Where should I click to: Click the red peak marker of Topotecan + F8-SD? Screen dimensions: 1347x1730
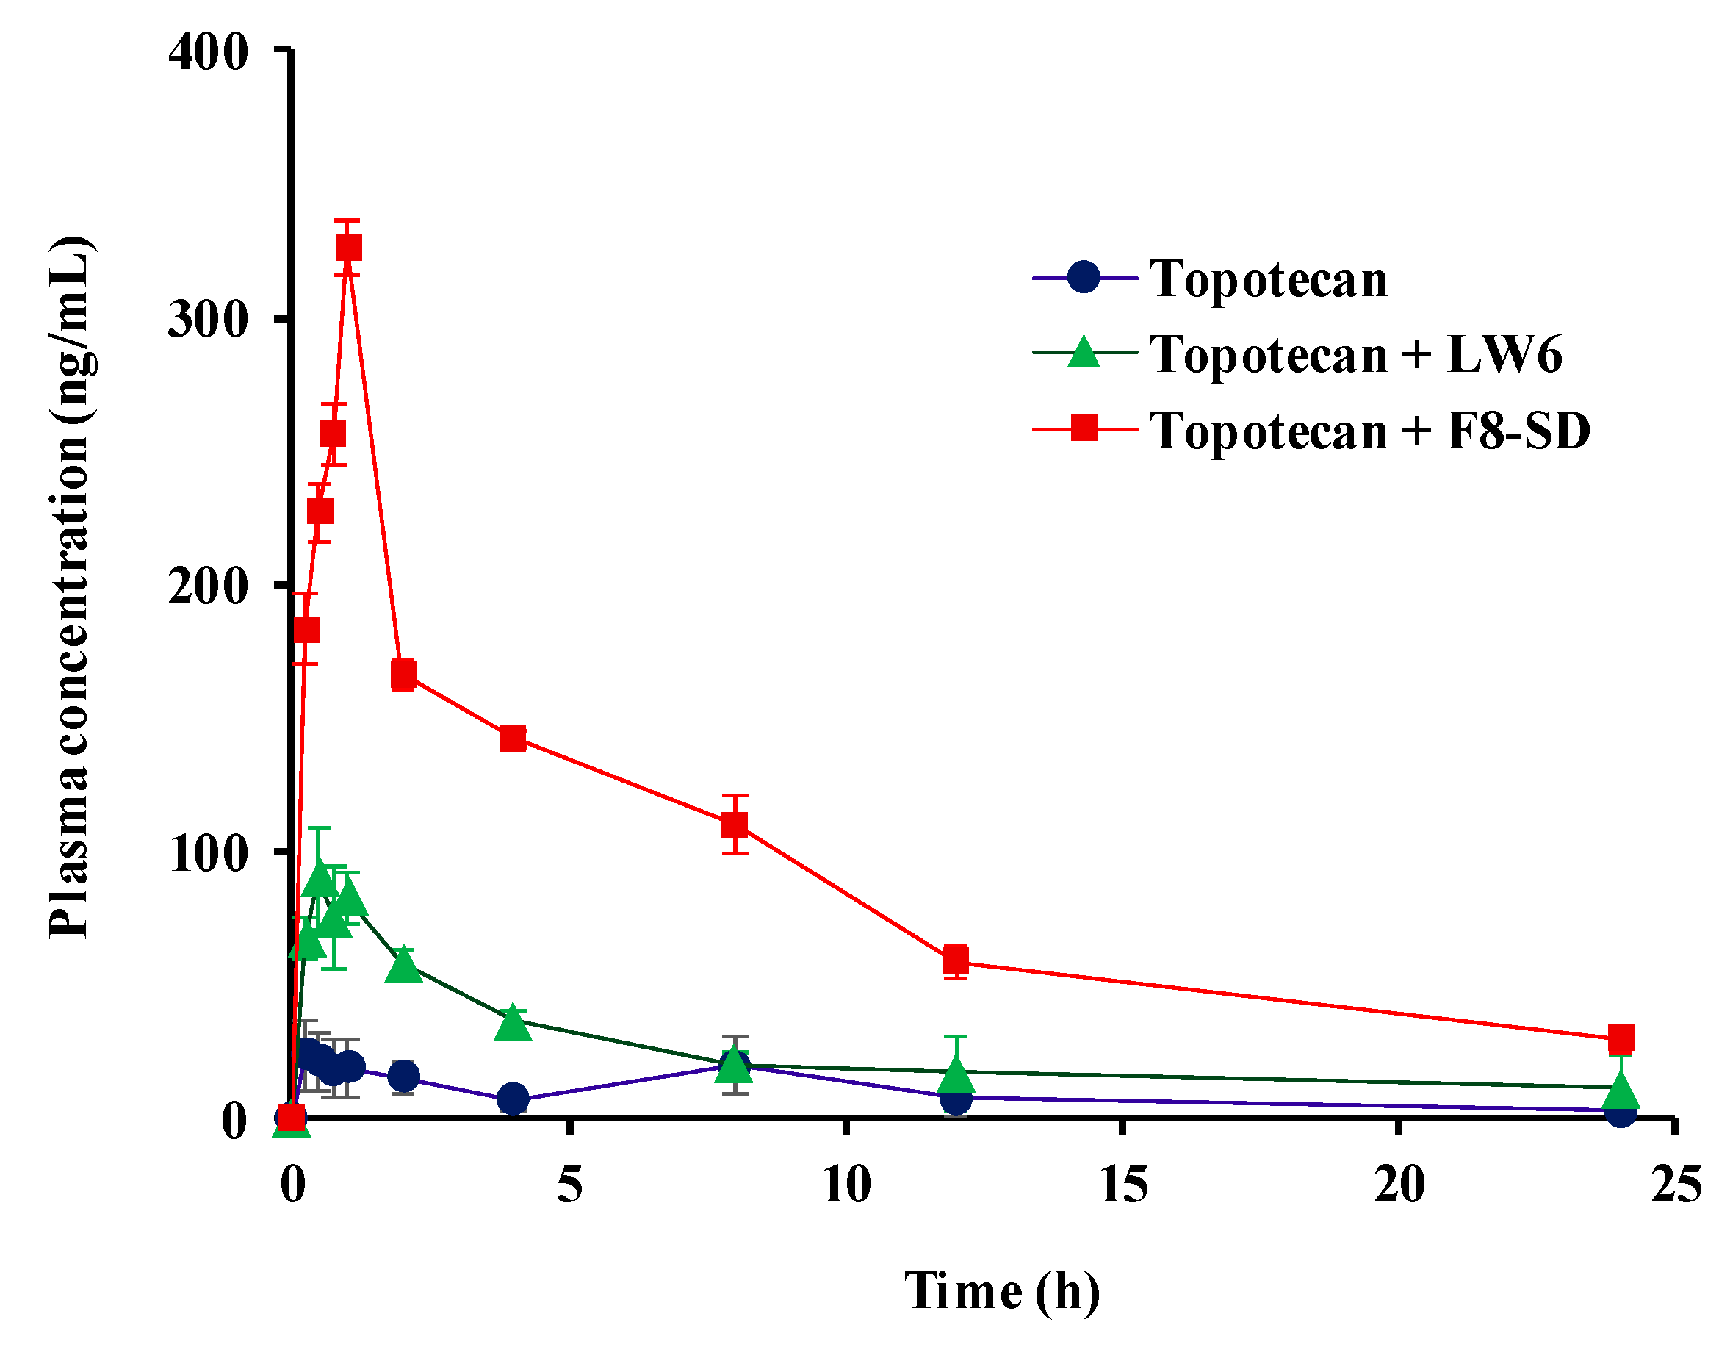coord(348,248)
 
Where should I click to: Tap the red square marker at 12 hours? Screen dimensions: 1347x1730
coord(956,960)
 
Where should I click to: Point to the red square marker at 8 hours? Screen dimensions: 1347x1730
coord(735,825)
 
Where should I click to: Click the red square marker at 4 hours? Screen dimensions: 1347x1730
coord(513,739)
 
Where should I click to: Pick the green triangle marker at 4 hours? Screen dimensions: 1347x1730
coord(513,1024)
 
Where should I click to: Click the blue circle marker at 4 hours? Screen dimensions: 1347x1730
coord(513,1099)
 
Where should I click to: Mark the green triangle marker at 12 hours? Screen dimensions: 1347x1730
coord(956,1074)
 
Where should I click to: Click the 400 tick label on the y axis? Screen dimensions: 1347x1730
coord(209,53)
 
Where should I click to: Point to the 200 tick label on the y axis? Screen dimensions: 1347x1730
coord(209,588)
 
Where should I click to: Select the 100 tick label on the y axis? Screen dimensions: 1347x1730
coord(209,854)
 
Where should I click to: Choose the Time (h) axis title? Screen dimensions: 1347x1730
coord(1002,1292)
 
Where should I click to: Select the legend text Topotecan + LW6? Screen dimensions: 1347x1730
coord(1355,353)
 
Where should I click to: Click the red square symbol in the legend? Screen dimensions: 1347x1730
coord(1084,428)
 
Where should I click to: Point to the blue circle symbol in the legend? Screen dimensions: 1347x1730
coord(1084,276)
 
